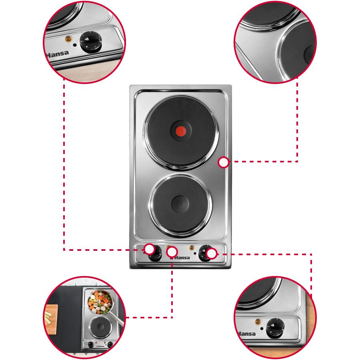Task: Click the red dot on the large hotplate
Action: pos(181,131)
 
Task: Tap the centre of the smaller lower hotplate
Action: pos(180,204)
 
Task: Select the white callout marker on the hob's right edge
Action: pos(223,162)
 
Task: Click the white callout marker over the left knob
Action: pos(150,249)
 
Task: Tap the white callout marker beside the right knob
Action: pos(212,254)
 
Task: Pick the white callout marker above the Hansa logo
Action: pos(172,252)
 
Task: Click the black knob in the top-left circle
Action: pos(90,42)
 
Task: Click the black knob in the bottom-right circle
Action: pos(275,328)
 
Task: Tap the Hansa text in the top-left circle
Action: pos(57,54)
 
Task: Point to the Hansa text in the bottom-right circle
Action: pos(246,334)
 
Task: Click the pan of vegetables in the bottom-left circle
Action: pos(100,302)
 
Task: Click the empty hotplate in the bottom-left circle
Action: pos(100,327)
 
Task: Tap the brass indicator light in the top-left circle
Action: pos(68,39)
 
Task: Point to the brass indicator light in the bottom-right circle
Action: pos(258,322)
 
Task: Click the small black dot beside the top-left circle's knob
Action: pos(75,45)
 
